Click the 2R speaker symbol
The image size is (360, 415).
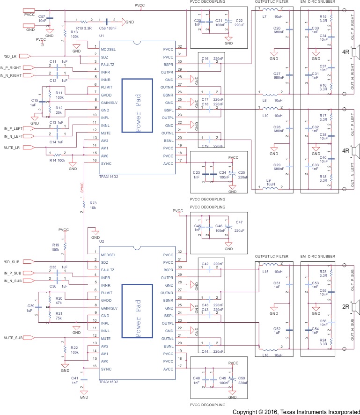(x=354, y=307)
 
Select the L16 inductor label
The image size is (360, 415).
(x=265, y=356)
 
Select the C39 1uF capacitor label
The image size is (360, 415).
(x=30, y=308)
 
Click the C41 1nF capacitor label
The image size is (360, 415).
(x=74, y=380)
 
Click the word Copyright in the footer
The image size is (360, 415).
(x=248, y=411)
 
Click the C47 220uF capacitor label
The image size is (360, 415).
(x=239, y=226)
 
